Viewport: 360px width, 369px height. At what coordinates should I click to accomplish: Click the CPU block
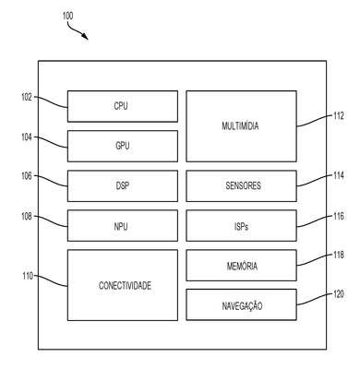123,106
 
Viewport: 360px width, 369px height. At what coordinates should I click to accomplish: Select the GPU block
123,146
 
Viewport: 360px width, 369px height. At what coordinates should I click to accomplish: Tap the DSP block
123,185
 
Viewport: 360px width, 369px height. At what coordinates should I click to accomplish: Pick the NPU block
123,226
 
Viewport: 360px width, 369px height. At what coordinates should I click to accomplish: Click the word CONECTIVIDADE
125,286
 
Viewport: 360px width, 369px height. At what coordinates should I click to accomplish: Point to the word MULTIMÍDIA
240,125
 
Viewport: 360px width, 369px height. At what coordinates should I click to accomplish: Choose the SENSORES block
242,185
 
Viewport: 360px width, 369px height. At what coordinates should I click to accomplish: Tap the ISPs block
242,226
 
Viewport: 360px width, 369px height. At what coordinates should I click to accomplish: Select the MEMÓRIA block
242,266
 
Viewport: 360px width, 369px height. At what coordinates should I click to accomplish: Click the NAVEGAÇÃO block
242,304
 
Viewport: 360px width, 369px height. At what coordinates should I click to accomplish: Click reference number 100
67,16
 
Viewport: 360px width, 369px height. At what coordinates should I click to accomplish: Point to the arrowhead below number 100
85,36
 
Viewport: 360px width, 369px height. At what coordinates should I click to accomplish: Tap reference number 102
27,98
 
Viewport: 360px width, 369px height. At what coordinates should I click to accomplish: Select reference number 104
27,137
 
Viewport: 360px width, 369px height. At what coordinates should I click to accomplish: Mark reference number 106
27,176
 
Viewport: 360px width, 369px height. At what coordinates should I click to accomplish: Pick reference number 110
28,276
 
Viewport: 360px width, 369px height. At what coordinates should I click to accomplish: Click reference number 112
339,116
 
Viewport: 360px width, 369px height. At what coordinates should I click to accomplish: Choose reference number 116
339,216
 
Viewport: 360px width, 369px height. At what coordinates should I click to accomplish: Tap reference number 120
339,294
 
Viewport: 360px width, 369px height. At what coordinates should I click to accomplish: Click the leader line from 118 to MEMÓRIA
315,260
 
